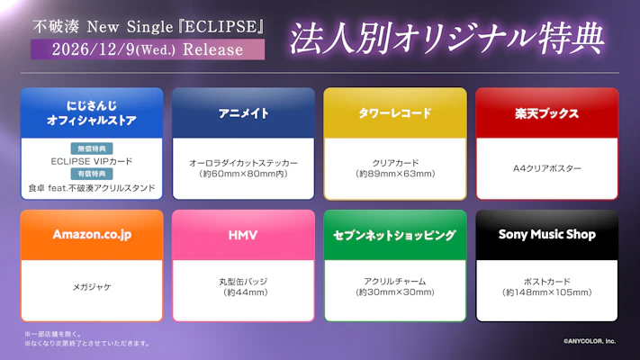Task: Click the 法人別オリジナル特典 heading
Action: point(446,38)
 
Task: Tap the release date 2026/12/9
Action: point(93,49)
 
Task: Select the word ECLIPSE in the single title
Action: point(221,26)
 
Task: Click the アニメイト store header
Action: point(243,113)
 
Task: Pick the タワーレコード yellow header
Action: point(395,113)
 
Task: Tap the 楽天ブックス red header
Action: point(547,113)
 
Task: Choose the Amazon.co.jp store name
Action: point(92,235)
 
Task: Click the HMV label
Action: point(243,235)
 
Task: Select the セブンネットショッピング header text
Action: point(394,235)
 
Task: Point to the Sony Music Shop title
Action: point(547,235)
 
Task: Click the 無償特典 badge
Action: point(92,148)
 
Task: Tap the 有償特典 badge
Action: point(92,174)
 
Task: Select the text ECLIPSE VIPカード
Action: point(92,162)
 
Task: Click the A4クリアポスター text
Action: point(547,168)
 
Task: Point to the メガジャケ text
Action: point(92,287)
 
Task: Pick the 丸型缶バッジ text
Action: point(243,282)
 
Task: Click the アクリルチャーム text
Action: point(394,282)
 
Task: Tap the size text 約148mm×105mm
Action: point(547,292)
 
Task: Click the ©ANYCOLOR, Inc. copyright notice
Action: point(590,341)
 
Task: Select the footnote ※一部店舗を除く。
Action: point(53,334)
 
